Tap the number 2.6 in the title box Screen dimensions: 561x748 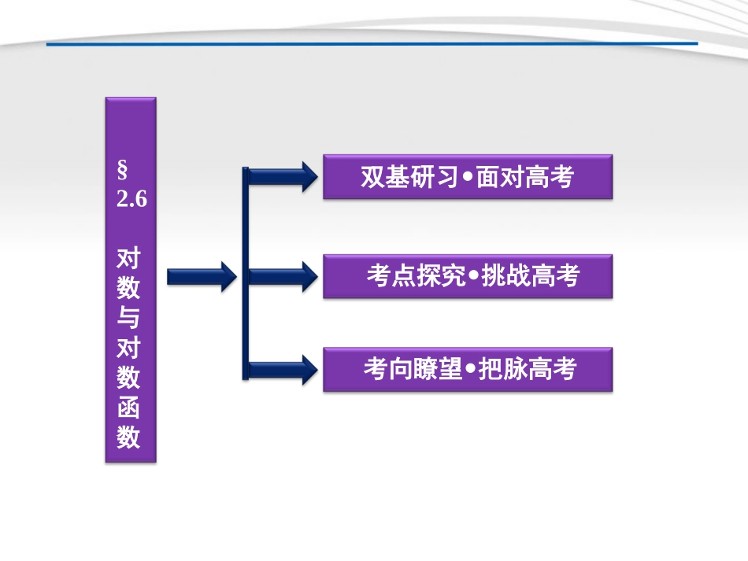tap(131, 199)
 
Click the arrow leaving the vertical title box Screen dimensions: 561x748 tap(201, 276)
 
